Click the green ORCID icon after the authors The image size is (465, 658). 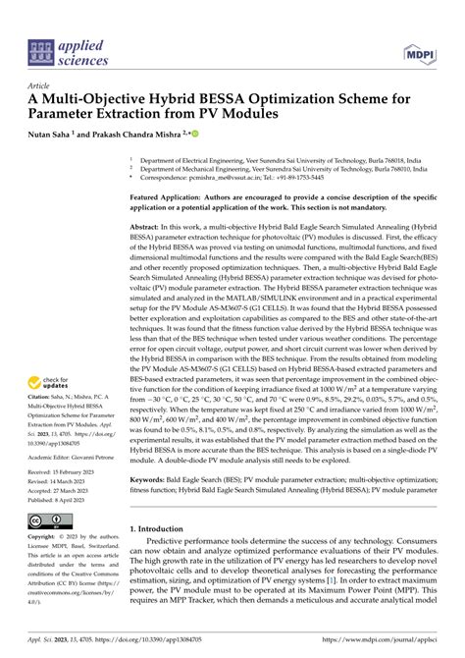(196, 133)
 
